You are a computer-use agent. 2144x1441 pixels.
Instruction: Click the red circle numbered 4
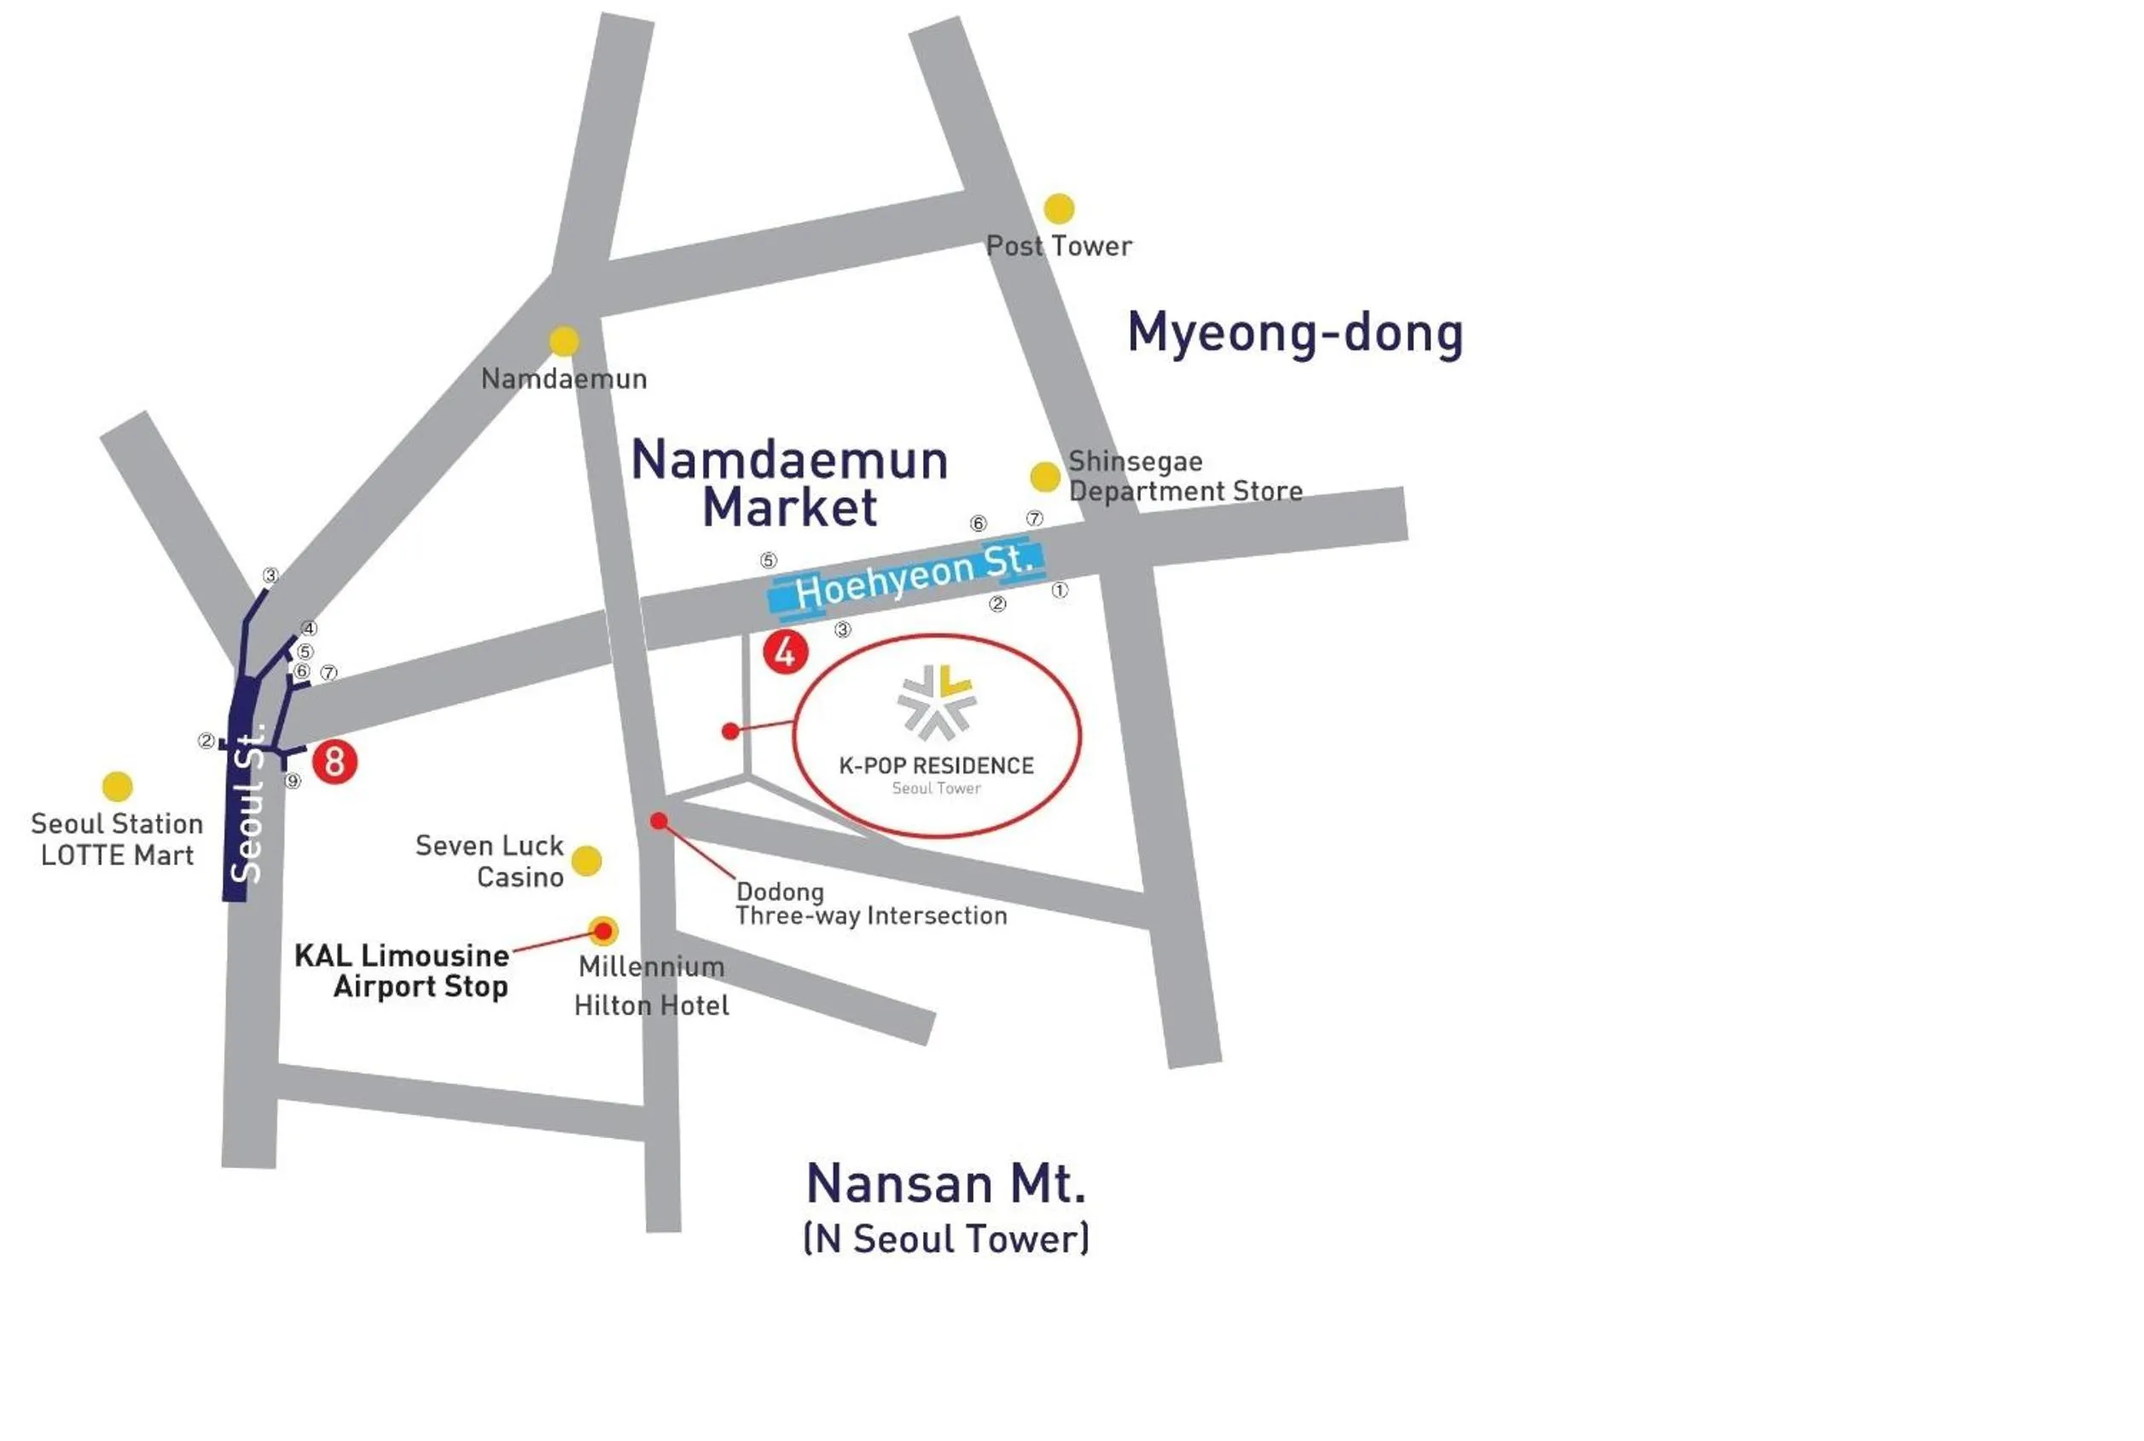(x=785, y=653)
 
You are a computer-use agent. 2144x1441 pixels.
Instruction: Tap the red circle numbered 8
(x=334, y=762)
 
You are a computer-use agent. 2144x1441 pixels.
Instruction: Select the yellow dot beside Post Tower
(x=1059, y=209)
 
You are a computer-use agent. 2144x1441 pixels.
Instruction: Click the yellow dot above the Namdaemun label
(x=563, y=341)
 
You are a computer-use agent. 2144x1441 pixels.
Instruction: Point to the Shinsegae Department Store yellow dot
(x=1045, y=477)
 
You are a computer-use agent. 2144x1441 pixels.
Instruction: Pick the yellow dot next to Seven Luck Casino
(x=586, y=861)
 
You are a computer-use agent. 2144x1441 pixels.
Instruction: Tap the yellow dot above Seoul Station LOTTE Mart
(x=117, y=787)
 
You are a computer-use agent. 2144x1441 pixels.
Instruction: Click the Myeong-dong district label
(x=1295, y=333)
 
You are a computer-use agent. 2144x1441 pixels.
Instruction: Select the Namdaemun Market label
(x=789, y=484)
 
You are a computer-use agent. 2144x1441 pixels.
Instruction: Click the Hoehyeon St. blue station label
(x=908, y=576)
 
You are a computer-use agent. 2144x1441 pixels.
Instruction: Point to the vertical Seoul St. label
(x=248, y=805)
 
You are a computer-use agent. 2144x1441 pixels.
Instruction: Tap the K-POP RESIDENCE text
(x=936, y=765)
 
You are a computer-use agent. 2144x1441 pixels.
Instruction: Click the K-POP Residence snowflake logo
(x=936, y=702)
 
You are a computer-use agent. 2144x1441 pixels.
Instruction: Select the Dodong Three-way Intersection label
(x=870, y=904)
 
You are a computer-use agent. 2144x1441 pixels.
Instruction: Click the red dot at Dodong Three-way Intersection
(x=658, y=821)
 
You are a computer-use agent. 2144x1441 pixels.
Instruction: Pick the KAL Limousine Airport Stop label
(x=403, y=970)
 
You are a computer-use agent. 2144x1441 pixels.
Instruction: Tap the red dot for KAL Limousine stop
(x=603, y=931)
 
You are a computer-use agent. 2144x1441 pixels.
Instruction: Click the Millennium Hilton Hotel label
(x=651, y=986)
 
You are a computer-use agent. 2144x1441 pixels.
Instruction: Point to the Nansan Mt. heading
(x=945, y=1183)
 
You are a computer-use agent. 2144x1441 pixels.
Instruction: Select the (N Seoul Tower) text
(x=945, y=1239)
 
